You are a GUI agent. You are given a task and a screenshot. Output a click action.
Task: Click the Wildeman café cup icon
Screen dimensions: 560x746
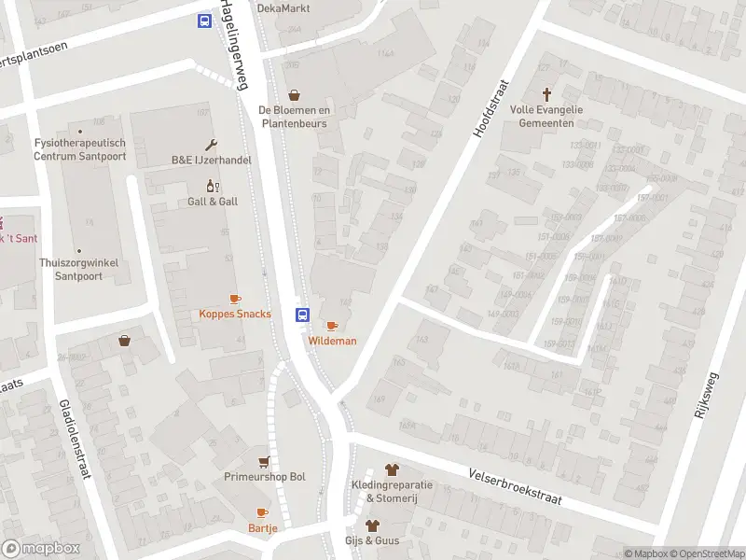332,325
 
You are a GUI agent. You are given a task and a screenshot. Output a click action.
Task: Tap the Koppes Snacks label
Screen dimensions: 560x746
235,314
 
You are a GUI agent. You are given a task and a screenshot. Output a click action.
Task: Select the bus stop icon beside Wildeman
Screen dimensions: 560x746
303,315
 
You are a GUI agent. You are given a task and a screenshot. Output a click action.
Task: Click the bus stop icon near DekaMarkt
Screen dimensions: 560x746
204,21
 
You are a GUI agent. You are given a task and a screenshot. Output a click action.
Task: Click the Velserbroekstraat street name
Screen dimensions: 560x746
515,485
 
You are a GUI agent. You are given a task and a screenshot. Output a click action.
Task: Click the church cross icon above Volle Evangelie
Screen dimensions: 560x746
546,94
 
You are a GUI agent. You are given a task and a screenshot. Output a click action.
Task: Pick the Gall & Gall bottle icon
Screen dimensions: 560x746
213,186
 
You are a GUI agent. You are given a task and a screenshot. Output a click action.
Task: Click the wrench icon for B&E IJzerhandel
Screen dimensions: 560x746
211,145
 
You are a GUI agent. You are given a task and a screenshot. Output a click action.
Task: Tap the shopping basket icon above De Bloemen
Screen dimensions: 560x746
296,95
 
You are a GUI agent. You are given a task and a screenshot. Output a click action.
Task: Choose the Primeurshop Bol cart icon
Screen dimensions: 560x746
265,462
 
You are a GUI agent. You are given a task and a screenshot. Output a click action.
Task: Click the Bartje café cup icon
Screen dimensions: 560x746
262,512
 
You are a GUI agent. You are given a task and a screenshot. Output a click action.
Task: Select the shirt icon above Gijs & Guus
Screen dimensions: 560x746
372,525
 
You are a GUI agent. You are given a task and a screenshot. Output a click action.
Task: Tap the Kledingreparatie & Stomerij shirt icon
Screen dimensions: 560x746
391,469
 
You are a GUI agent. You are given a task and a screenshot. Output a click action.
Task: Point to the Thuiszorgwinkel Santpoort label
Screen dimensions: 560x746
79,269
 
